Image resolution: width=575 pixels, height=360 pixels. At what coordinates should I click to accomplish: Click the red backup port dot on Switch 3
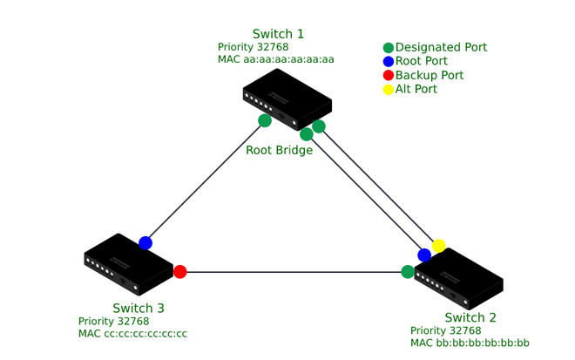point(180,272)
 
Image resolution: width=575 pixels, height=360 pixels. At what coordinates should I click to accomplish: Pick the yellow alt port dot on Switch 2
point(438,246)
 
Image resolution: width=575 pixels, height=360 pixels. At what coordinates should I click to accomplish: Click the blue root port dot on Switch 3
point(145,243)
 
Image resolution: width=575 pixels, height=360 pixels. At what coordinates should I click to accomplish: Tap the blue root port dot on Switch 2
point(424,255)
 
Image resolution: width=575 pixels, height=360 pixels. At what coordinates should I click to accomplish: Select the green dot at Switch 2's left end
point(408,272)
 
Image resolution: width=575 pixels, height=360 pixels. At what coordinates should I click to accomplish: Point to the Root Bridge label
point(279,150)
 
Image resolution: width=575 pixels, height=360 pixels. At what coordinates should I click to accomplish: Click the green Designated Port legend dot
point(389,48)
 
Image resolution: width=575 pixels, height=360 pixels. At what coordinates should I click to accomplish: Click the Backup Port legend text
point(430,76)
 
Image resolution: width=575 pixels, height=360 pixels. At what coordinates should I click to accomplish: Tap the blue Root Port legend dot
point(389,62)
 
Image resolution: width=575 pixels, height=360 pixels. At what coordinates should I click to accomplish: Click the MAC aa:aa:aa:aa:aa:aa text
point(276,60)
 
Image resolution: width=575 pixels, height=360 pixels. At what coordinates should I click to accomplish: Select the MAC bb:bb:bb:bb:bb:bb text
point(470,343)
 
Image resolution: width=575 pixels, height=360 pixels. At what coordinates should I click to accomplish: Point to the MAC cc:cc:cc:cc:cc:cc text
point(132,334)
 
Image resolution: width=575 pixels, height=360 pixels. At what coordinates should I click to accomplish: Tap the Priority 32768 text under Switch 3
point(113,321)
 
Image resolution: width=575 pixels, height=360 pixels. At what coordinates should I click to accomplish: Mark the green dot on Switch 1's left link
point(265,120)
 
